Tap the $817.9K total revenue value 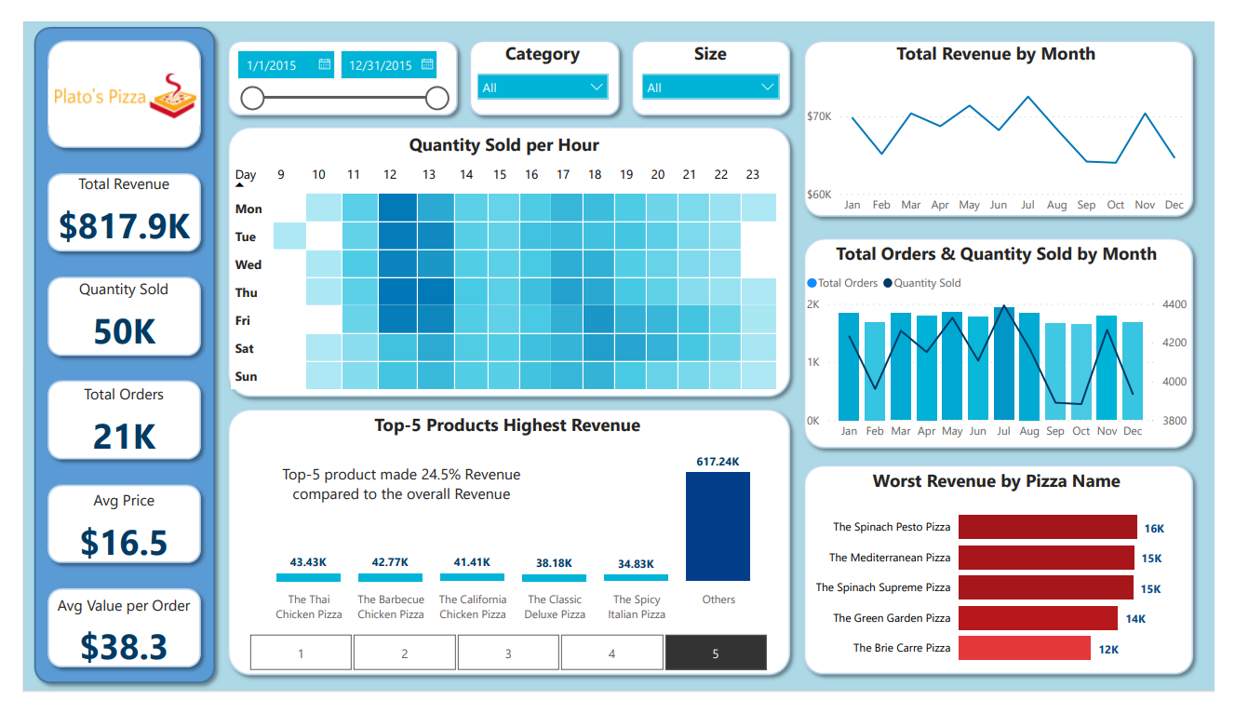tap(124, 226)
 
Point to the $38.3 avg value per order tap(124, 646)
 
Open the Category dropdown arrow tap(597, 88)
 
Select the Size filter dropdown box tap(710, 88)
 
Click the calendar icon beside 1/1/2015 tap(324, 64)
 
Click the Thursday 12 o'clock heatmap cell tap(397, 292)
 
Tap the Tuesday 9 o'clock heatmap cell tap(289, 236)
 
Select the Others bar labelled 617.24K tap(718, 526)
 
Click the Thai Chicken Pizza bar tap(308, 578)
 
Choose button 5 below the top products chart tap(716, 653)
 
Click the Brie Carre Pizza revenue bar tap(1024, 648)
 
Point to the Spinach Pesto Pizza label tap(891, 527)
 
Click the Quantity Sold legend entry tap(926, 283)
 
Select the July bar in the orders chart tap(1004, 364)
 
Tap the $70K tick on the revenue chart tap(819, 116)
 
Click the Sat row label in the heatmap tap(245, 348)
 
